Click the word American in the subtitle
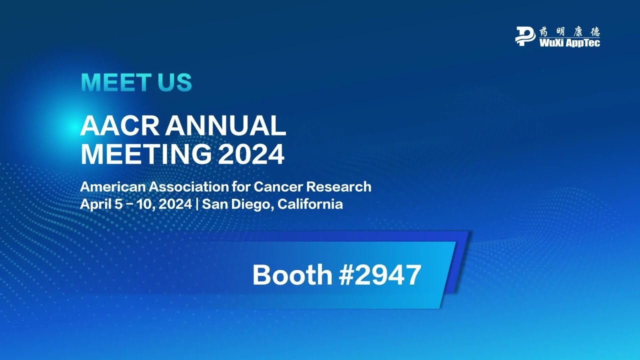coord(113,187)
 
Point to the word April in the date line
coord(95,204)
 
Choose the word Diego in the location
coord(250,205)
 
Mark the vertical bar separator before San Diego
coord(197,204)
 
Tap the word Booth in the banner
coord(292,275)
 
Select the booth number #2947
coord(380,275)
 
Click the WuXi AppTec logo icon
coord(525,36)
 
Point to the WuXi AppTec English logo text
coord(569,43)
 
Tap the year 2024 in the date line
coord(176,204)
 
